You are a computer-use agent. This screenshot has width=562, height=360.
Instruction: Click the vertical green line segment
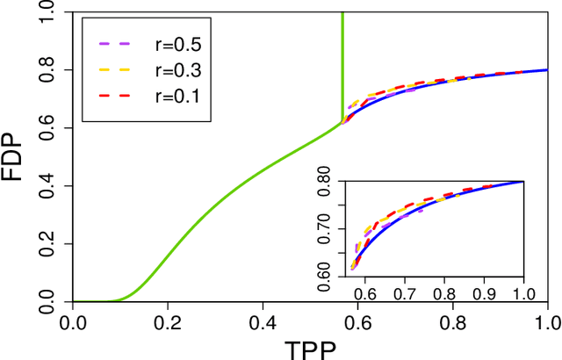(342, 61)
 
